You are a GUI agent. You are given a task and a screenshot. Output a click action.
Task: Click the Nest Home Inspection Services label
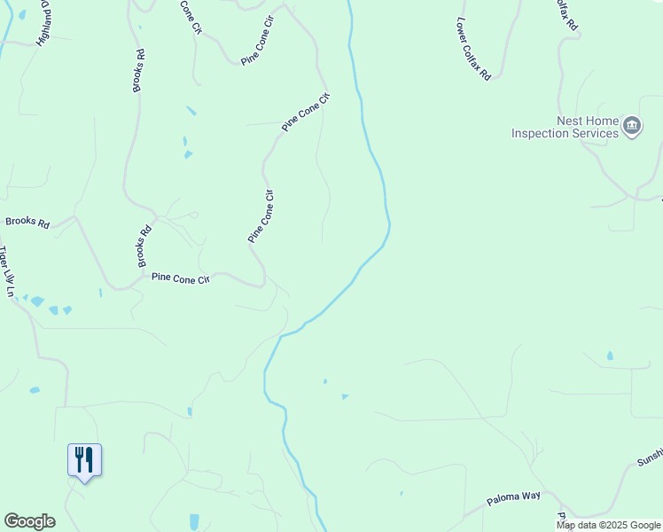click(565, 127)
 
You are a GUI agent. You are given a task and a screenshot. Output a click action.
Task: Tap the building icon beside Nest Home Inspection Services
click(632, 127)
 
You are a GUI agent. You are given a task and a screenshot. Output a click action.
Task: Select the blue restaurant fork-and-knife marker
click(84, 460)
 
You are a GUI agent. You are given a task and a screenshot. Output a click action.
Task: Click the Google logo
click(29, 521)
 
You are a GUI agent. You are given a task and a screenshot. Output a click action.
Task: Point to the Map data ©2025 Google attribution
click(608, 525)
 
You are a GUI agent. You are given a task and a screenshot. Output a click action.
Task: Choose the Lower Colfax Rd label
click(473, 49)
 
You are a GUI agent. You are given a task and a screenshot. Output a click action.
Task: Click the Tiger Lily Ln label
click(8, 271)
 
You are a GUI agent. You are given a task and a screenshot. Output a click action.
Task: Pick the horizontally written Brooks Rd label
click(27, 222)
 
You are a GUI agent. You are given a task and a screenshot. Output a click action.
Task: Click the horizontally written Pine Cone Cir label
click(180, 278)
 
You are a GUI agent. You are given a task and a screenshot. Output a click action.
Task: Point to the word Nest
click(569, 121)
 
